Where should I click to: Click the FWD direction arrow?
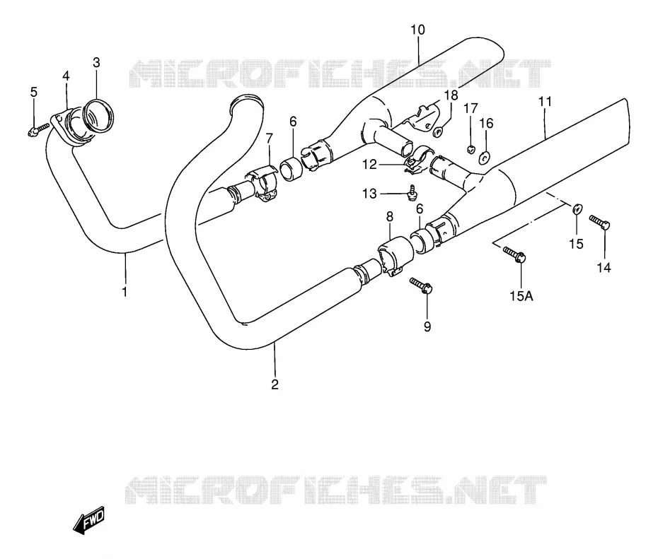click(89, 520)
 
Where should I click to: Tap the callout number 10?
click(417, 30)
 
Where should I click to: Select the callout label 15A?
click(521, 296)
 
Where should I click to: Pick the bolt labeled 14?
click(600, 222)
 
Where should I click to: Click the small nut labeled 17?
click(471, 148)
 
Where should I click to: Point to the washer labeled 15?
click(577, 208)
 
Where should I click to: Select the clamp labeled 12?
click(420, 158)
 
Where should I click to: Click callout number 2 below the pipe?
click(275, 384)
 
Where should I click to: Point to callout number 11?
click(545, 102)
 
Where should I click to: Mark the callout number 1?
click(125, 292)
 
